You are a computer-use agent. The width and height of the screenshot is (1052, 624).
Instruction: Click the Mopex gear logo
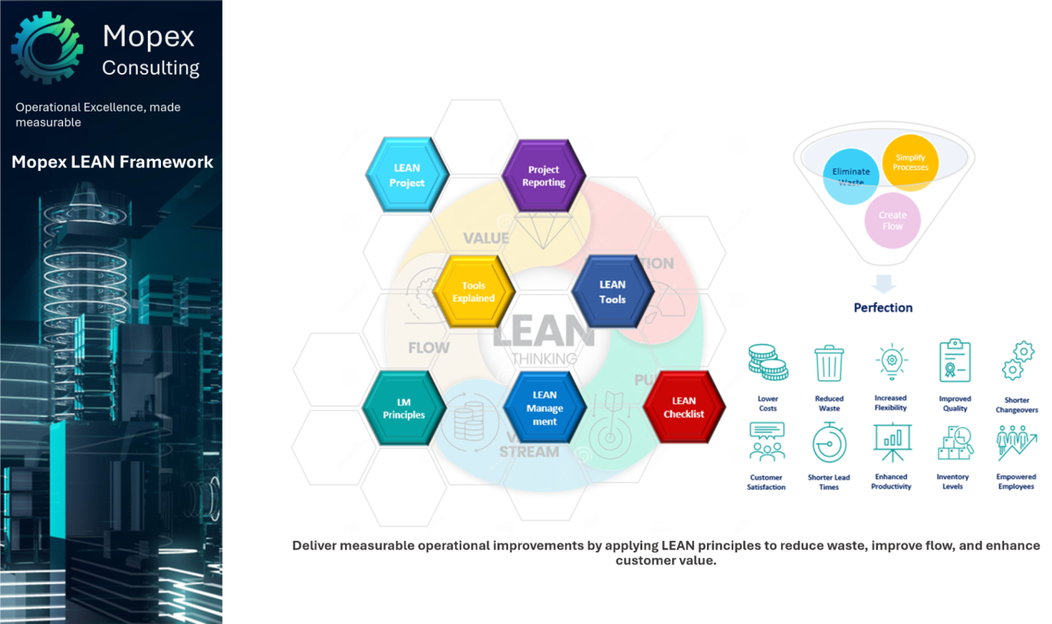(x=47, y=47)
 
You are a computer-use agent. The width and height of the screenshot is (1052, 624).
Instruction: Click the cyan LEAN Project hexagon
(x=407, y=176)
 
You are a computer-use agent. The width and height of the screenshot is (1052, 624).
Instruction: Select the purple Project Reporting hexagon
(x=544, y=176)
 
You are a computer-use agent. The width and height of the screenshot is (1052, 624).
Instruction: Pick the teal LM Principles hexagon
(x=404, y=409)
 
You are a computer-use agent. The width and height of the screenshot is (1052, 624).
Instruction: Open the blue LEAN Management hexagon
(x=544, y=409)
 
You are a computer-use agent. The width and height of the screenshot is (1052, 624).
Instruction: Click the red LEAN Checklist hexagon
(x=684, y=409)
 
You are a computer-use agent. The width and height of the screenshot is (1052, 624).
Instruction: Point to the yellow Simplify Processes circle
(x=910, y=162)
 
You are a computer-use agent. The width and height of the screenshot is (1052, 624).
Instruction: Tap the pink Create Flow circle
(x=892, y=220)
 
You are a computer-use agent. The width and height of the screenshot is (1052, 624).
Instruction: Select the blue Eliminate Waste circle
(x=850, y=176)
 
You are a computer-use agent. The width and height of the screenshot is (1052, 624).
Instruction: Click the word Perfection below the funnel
(x=883, y=308)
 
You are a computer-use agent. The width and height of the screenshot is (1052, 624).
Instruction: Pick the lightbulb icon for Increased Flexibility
(x=891, y=361)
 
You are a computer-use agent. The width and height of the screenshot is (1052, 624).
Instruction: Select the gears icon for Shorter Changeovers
(x=1017, y=361)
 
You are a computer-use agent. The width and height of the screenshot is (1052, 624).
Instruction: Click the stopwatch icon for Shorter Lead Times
(x=829, y=443)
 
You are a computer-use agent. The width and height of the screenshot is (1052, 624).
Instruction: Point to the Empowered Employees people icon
(x=1016, y=443)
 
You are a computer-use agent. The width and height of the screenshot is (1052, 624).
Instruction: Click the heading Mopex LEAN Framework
(x=112, y=162)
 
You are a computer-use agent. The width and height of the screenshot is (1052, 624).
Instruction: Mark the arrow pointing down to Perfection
(x=883, y=283)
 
